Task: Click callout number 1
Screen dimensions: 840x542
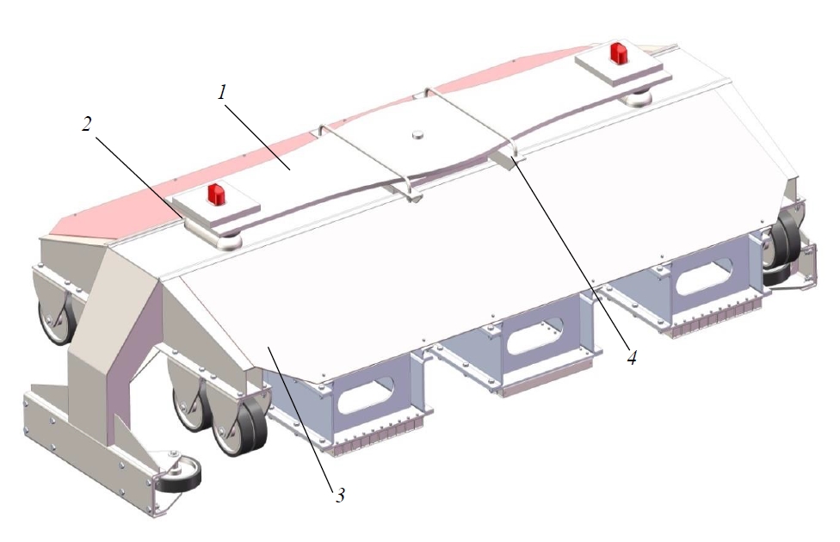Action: click(222, 93)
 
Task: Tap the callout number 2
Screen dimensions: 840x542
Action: click(87, 124)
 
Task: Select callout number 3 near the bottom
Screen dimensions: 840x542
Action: click(339, 496)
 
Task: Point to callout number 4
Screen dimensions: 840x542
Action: click(632, 358)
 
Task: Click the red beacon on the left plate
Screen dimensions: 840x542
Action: click(217, 194)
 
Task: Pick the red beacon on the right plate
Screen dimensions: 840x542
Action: click(620, 52)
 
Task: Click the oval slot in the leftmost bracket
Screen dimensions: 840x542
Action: click(367, 395)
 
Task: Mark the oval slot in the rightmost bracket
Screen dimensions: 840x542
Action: click(705, 276)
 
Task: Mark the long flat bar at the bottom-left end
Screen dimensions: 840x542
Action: click(90, 448)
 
